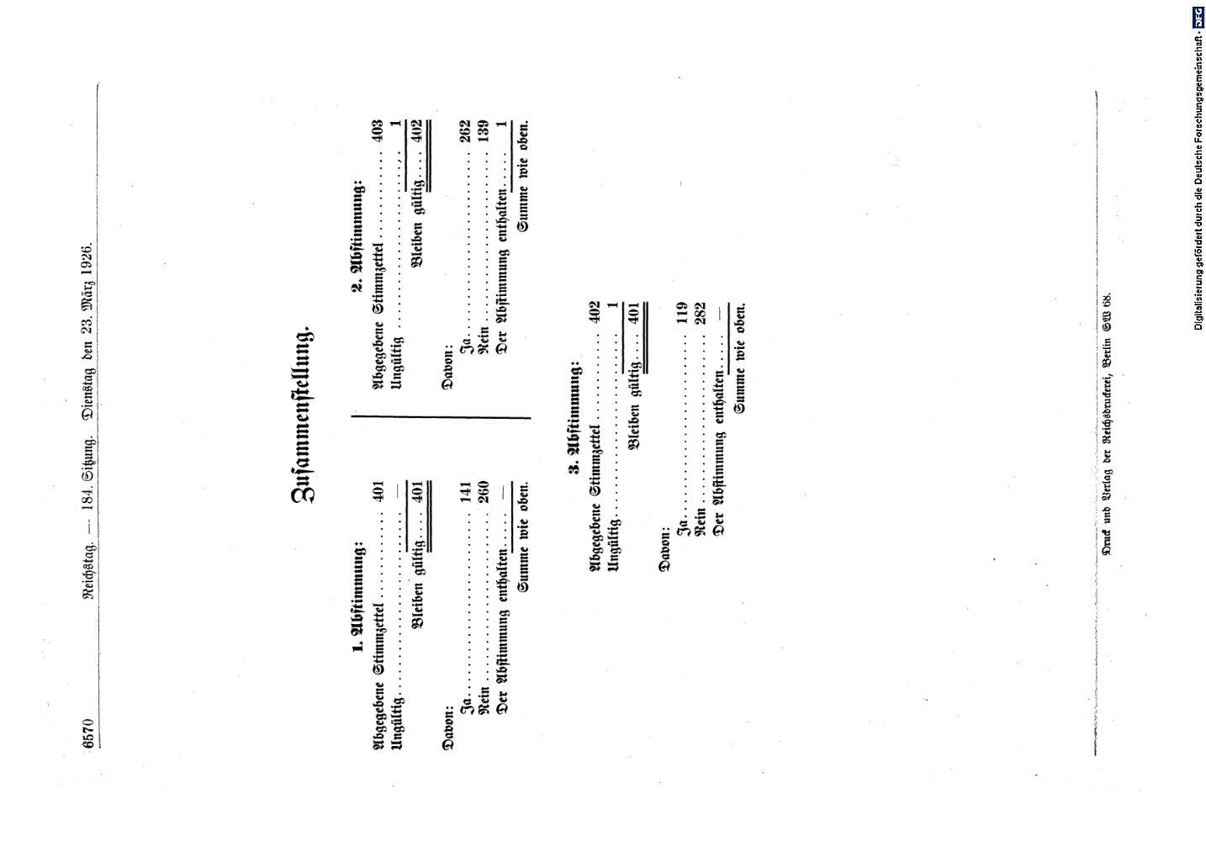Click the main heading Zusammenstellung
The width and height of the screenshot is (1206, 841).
point(304,415)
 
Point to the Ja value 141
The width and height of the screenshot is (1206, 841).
point(465,492)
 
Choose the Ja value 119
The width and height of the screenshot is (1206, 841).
point(681,312)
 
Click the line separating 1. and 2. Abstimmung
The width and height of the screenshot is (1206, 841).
point(441,417)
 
